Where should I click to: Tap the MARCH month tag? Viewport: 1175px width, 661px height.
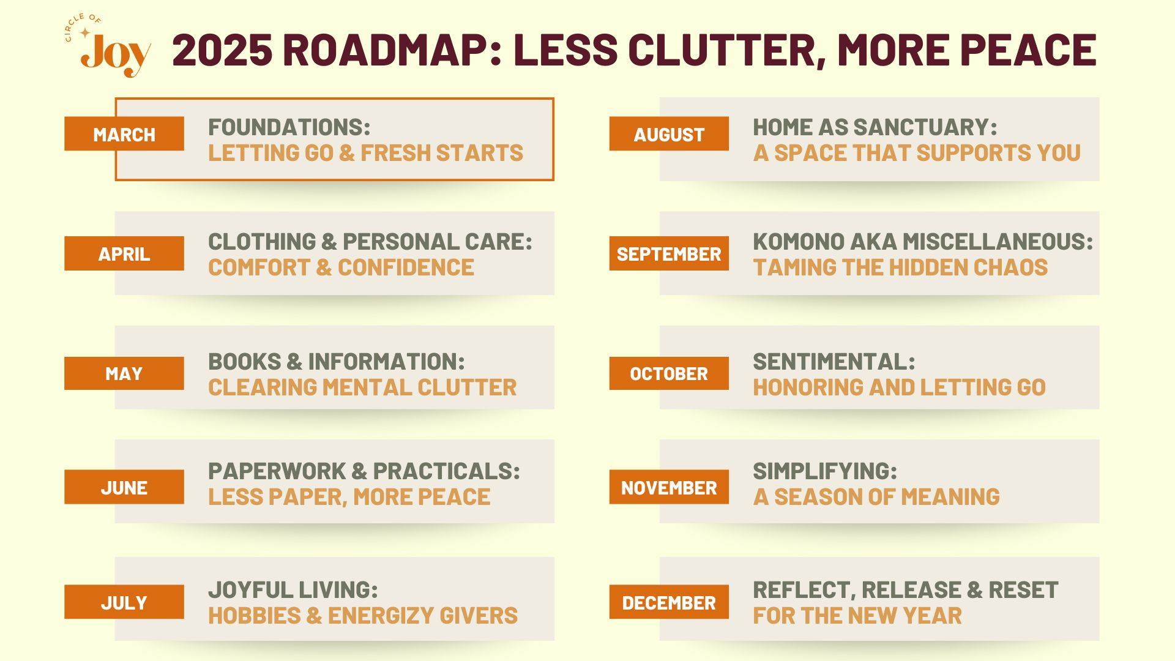124,133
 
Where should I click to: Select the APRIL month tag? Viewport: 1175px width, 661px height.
124,253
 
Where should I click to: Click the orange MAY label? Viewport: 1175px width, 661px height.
124,373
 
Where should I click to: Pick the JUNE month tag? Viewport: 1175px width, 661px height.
124,487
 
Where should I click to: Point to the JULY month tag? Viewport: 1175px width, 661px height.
124,602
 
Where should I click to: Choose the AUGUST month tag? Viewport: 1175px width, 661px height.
669,133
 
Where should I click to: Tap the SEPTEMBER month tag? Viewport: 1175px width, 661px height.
669,253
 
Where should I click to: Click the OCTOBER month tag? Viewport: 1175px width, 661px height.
669,373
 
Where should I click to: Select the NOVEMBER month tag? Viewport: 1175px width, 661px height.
669,487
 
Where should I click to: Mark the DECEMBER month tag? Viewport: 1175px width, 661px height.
669,602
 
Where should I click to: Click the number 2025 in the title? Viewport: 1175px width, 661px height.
222,50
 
